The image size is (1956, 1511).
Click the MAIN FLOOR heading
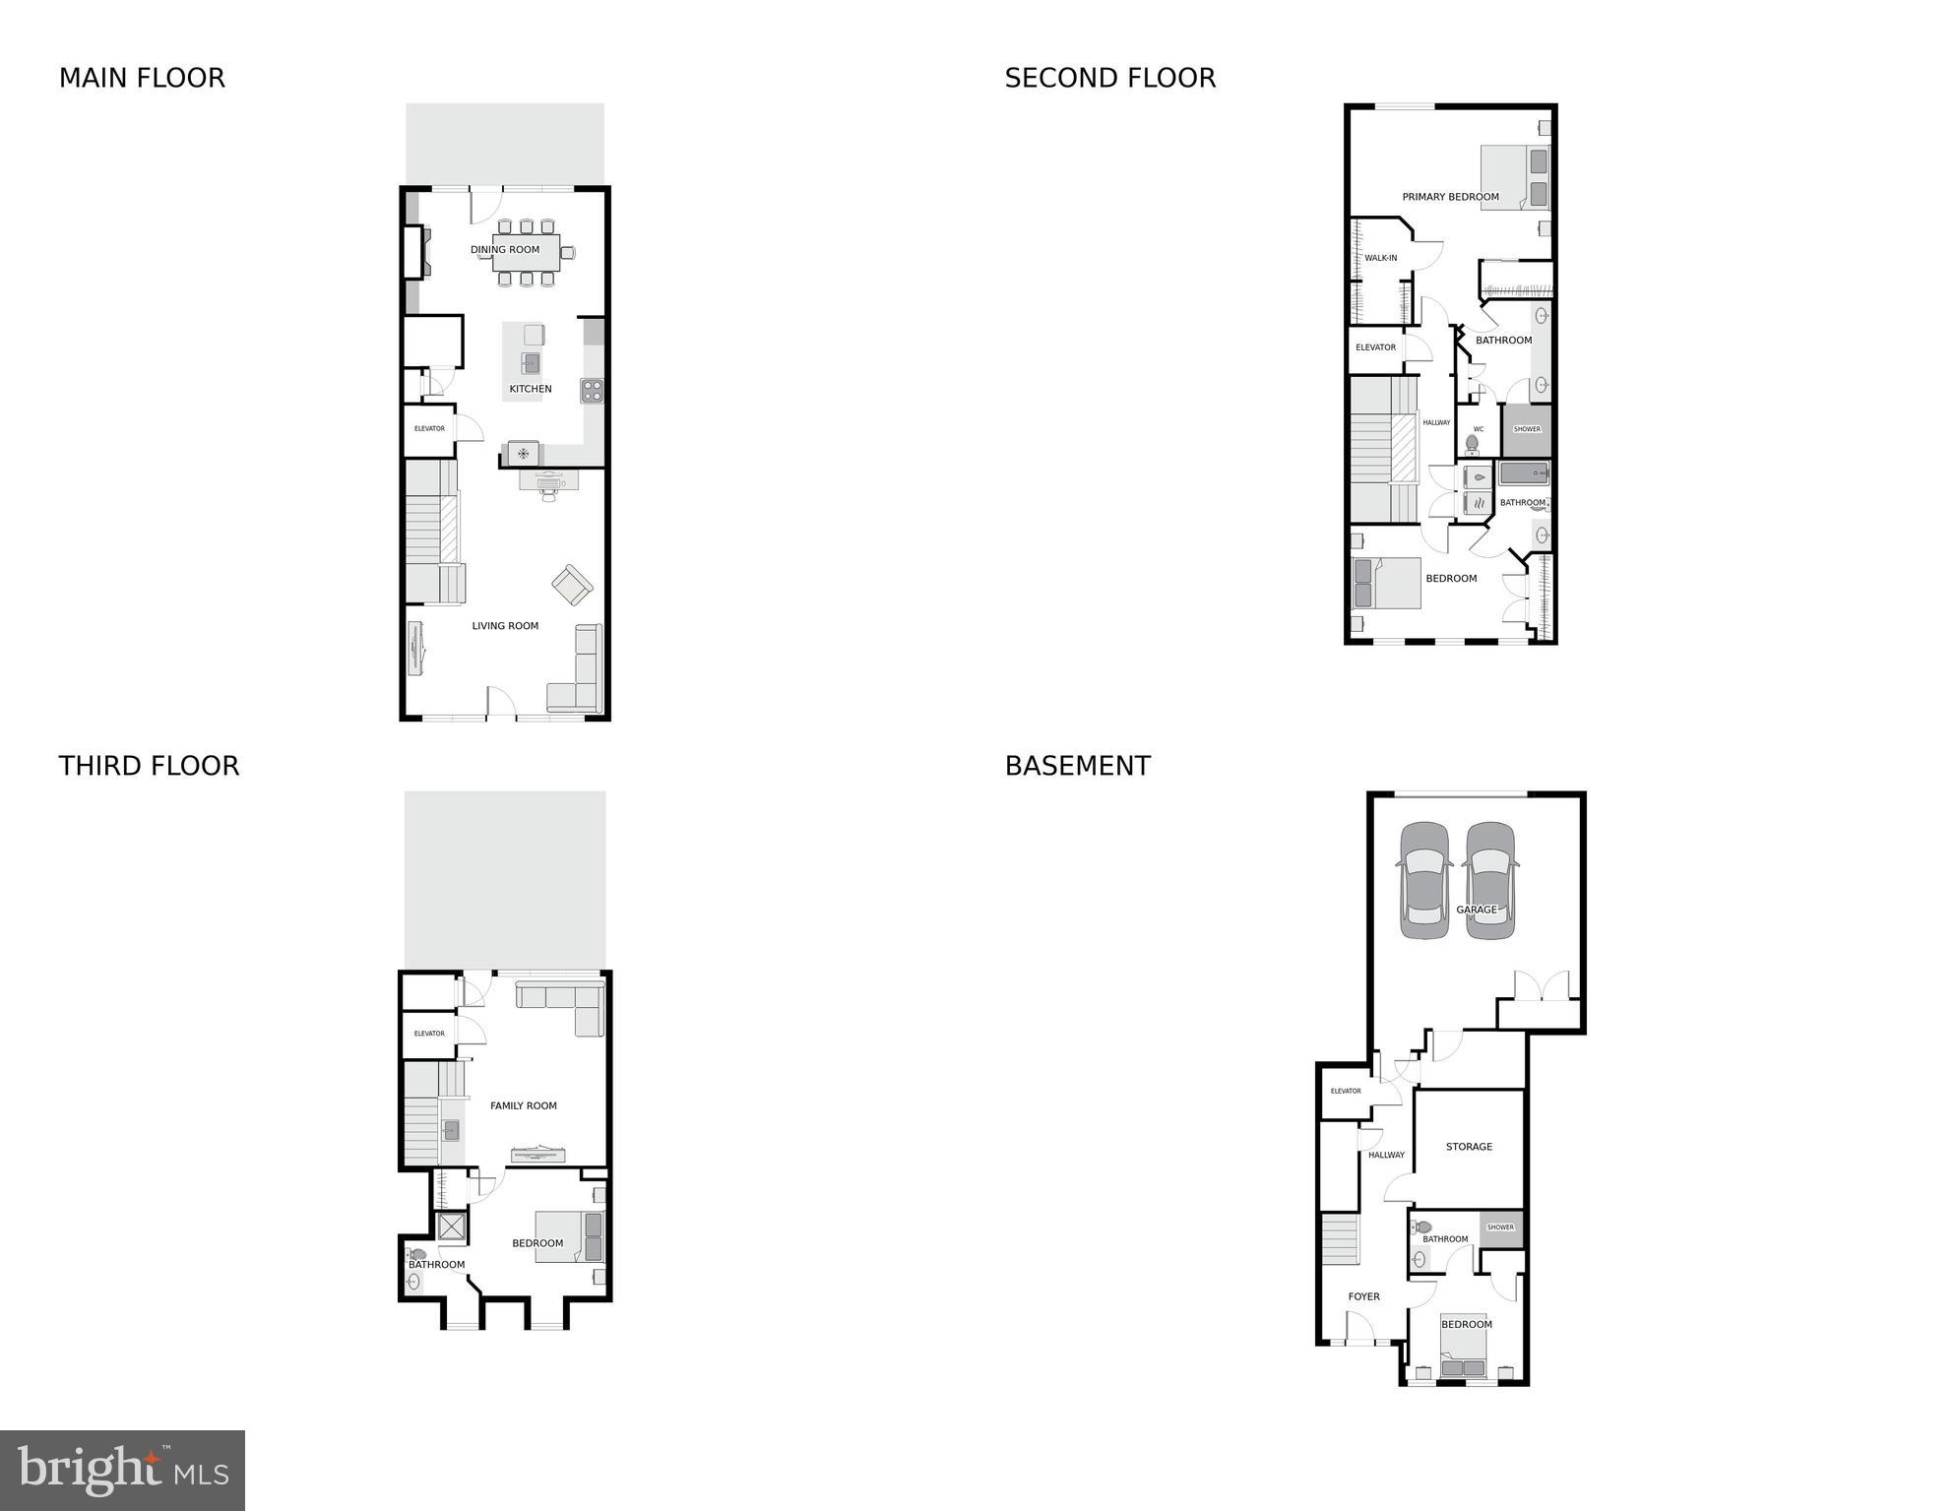[x=142, y=78]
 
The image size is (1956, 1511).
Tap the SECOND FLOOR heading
[x=1109, y=78]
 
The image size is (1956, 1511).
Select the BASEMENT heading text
[x=1077, y=766]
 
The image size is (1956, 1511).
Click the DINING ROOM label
[x=505, y=249]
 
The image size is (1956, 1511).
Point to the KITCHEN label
[x=530, y=389]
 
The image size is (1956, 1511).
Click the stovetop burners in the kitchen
[x=592, y=390]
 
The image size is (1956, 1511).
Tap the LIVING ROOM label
[x=505, y=625]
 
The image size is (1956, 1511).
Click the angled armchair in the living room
[x=572, y=585]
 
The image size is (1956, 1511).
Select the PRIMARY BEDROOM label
[x=1450, y=197]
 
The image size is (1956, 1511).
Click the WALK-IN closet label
[x=1380, y=258]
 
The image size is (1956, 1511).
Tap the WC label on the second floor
[x=1478, y=429]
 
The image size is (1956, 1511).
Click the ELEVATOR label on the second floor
[x=1375, y=347]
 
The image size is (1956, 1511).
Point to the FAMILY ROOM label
[x=523, y=1105]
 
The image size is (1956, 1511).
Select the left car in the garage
[x=1424, y=880]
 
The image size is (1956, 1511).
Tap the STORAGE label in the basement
[x=1469, y=1147]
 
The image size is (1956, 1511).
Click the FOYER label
[x=1363, y=1296]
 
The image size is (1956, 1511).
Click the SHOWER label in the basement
[x=1500, y=1228]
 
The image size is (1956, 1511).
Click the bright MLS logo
[x=122, y=1470]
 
